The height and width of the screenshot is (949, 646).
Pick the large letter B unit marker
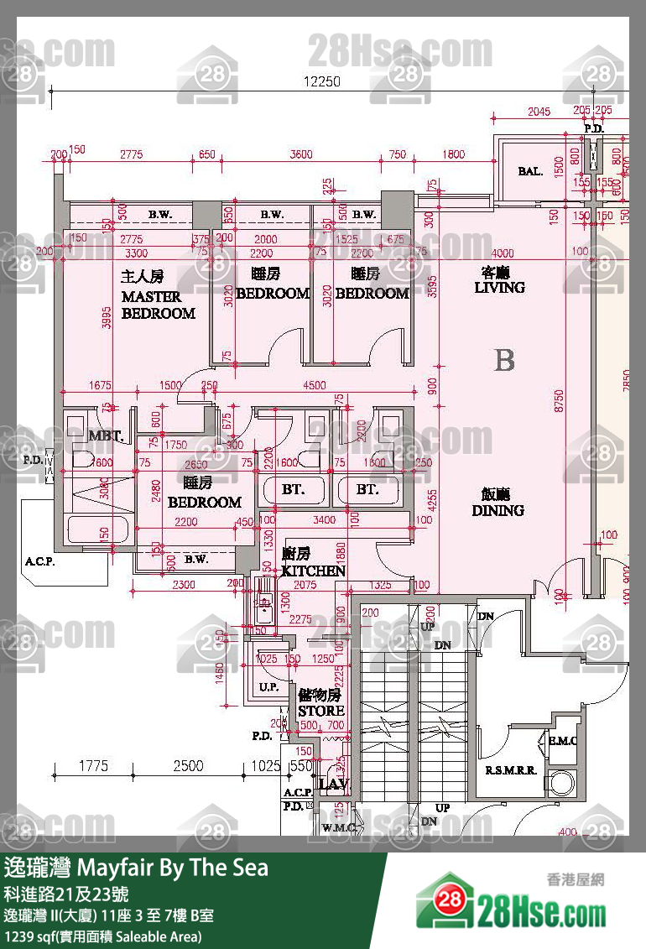(504, 360)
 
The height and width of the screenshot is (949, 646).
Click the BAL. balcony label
(529, 171)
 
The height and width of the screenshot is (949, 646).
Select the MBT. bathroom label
(106, 436)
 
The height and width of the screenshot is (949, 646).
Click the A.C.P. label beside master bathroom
(39, 562)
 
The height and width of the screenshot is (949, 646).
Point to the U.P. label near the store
(268, 687)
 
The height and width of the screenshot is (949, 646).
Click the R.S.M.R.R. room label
(510, 770)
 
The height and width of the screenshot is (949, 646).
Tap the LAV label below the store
(333, 785)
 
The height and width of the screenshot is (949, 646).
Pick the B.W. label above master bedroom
(160, 215)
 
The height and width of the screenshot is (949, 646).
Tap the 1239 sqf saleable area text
(102, 936)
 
